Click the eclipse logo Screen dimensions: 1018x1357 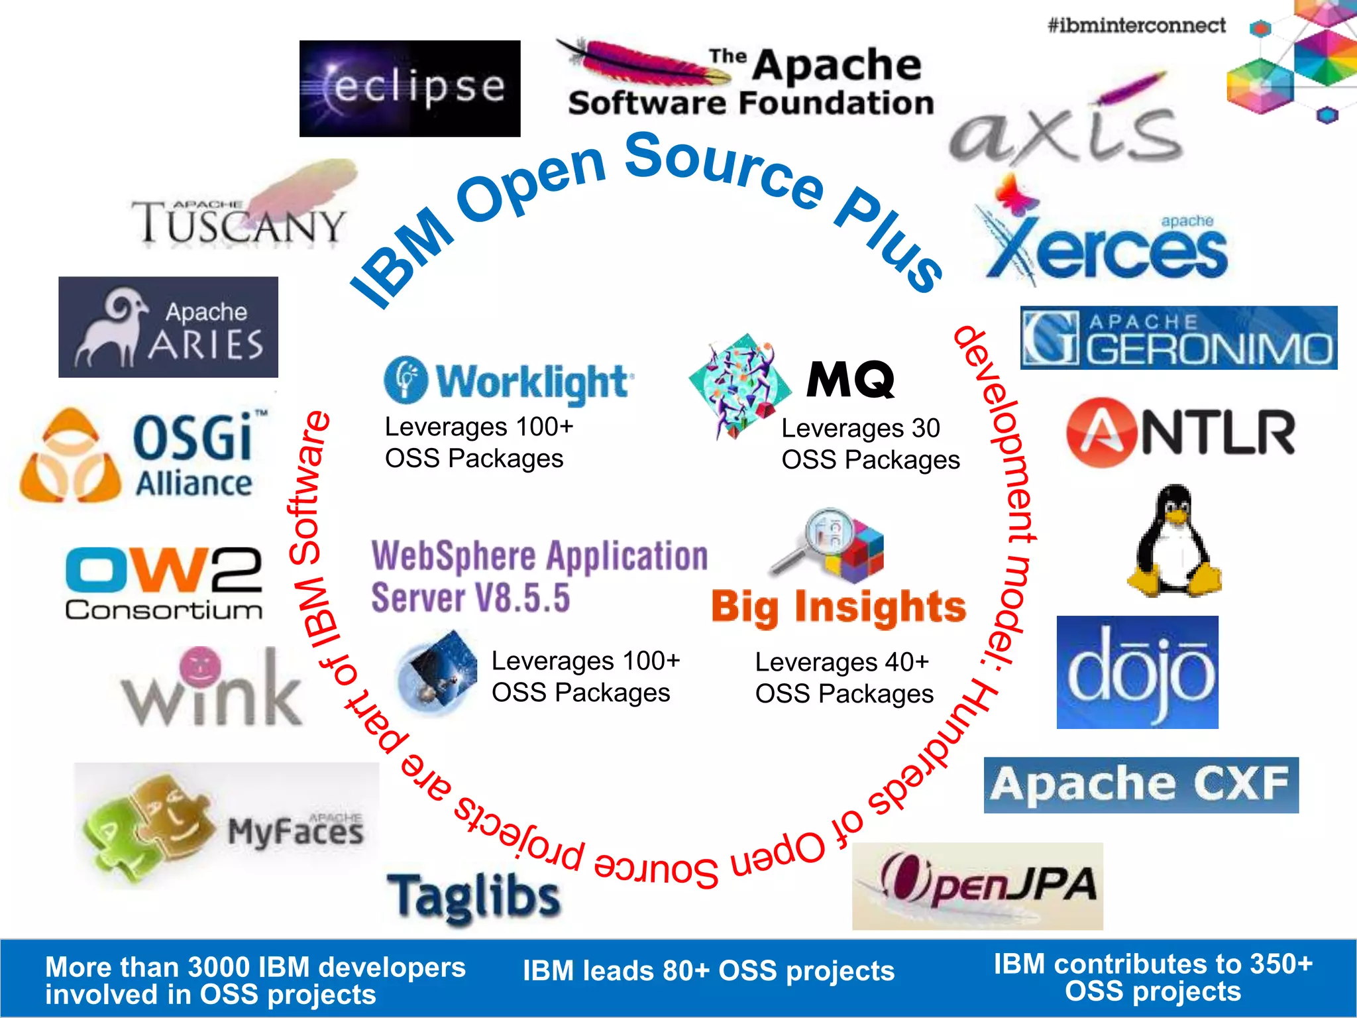(409, 89)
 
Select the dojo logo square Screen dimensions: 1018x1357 (1137, 672)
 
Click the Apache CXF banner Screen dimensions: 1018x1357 (1141, 785)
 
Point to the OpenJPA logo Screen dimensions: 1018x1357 (977, 886)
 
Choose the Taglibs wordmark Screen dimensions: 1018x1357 (474, 897)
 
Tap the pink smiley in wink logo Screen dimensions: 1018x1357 (200, 665)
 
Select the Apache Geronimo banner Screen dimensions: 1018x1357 (1179, 338)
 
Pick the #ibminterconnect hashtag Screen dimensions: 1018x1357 (1136, 26)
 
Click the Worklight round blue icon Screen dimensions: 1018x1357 (406, 380)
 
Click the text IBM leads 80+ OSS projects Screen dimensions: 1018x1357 (708, 971)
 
